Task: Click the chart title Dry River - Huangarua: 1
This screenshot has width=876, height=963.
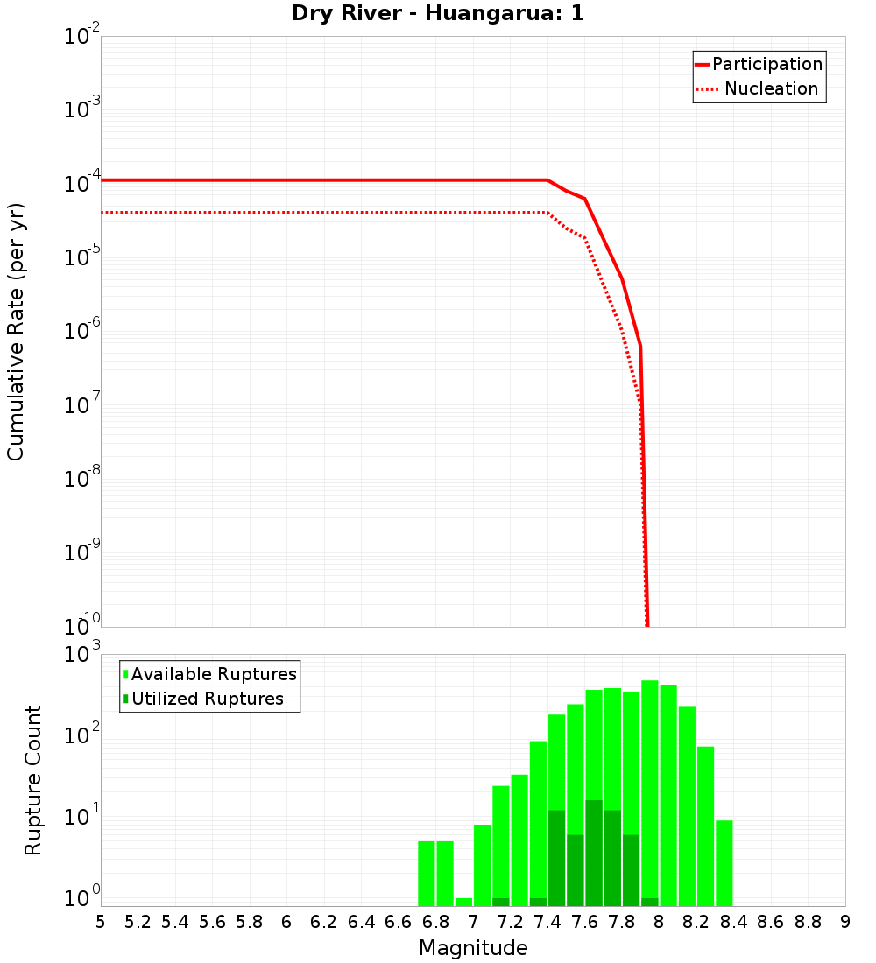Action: click(438, 14)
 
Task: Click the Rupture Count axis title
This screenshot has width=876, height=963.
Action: click(33, 779)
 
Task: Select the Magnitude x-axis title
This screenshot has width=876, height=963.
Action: click(473, 948)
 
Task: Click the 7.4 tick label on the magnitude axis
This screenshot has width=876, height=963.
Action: click(547, 922)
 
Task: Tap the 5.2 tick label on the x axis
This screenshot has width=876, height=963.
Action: click(138, 922)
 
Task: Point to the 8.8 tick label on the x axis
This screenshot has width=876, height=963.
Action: click(808, 922)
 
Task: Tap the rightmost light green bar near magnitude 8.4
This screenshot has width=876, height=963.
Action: click(724, 862)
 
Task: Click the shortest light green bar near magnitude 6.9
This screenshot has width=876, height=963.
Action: click(463, 902)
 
